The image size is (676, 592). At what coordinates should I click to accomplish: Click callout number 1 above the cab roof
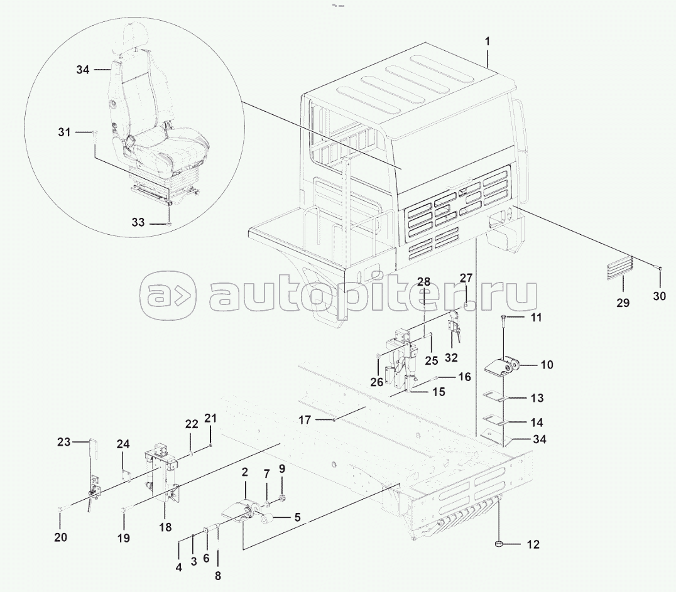488,42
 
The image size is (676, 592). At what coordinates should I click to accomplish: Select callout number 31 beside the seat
64,132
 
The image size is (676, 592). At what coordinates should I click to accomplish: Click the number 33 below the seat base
138,222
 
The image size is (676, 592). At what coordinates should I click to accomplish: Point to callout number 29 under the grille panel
623,303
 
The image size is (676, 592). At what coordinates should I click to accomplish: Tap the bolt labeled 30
660,268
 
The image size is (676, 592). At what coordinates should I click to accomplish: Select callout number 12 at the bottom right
533,545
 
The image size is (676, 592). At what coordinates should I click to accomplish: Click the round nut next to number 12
499,545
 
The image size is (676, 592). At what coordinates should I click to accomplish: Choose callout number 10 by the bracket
547,365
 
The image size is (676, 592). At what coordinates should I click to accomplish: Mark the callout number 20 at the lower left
61,538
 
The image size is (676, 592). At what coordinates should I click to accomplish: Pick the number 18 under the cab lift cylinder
165,527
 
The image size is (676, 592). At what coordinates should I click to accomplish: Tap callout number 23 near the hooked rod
64,442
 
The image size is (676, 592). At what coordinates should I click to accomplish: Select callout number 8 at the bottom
218,576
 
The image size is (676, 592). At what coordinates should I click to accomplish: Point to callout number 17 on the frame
305,419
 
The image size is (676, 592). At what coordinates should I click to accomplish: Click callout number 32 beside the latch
451,358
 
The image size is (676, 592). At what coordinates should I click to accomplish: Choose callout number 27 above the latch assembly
466,278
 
